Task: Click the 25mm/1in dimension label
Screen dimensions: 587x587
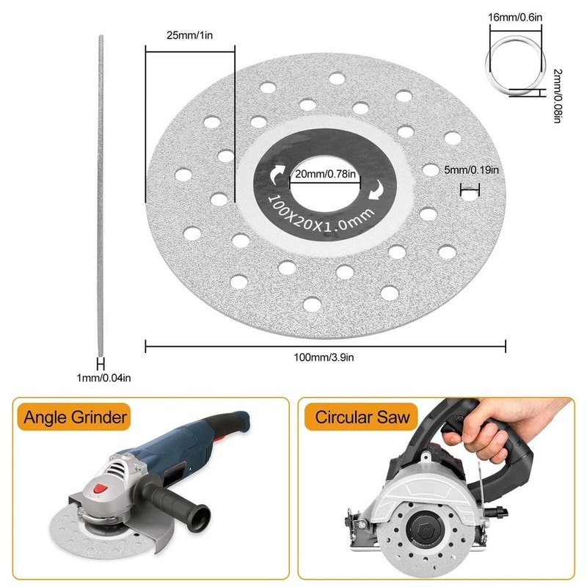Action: (x=189, y=34)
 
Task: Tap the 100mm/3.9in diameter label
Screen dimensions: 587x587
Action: (x=326, y=358)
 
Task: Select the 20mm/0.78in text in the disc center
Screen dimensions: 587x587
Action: (x=325, y=174)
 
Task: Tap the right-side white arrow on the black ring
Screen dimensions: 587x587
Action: (x=376, y=189)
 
